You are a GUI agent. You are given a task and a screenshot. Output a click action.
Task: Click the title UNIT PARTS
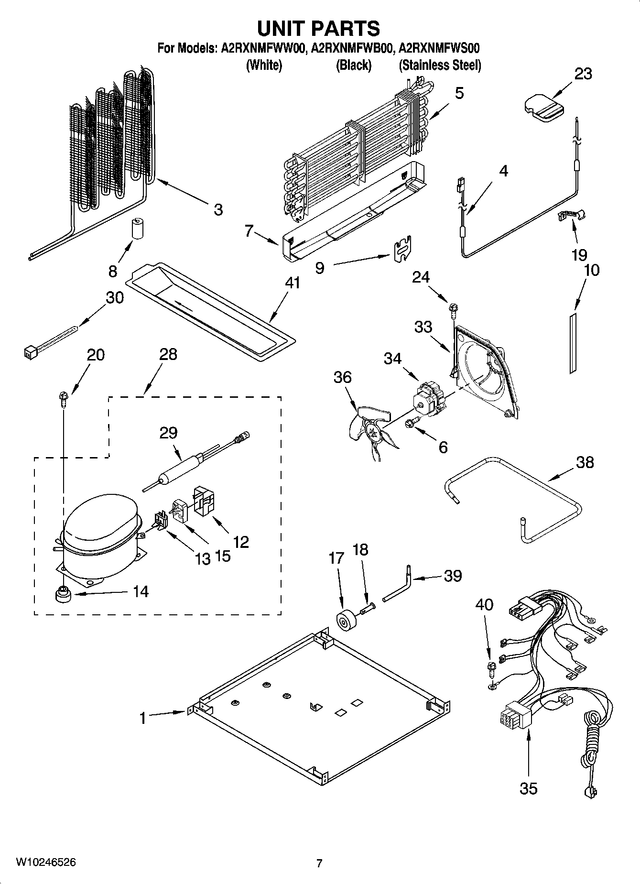pyautogui.click(x=319, y=29)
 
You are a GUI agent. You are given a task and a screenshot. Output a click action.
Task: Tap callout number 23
pyautogui.click(x=583, y=74)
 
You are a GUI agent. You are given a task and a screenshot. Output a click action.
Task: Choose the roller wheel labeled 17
pyautogui.click(x=344, y=622)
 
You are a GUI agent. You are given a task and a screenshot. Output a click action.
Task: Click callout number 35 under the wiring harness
pyautogui.click(x=529, y=788)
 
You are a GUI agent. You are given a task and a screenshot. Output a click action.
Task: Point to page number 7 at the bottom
pyautogui.click(x=319, y=863)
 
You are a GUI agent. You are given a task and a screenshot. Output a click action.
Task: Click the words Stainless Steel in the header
pyautogui.click(x=440, y=65)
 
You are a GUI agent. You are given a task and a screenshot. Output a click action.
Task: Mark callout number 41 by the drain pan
pyautogui.click(x=293, y=283)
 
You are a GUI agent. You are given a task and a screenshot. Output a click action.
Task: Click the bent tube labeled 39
pyautogui.click(x=398, y=586)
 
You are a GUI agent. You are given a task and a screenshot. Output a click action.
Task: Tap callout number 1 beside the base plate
pyautogui.click(x=142, y=718)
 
